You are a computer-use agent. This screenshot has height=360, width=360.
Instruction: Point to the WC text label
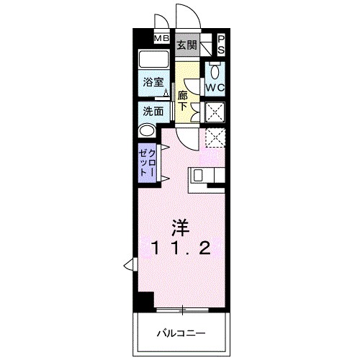pyautogui.click(x=215, y=88)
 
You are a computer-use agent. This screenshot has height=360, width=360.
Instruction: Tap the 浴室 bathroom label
pyautogui.click(x=153, y=83)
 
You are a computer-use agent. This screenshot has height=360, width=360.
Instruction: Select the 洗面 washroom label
pyautogui.click(x=153, y=112)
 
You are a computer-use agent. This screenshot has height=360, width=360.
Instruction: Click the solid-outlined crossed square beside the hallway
pyautogui.click(x=215, y=112)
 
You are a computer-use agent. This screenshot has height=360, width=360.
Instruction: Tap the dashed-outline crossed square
pyautogui.click(x=215, y=137)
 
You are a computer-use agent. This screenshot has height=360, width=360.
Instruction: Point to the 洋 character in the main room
pyautogui.click(x=179, y=229)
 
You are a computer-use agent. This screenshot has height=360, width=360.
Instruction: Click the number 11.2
pyautogui.click(x=180, y=250)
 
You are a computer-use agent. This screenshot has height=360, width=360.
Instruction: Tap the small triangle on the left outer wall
pyautogui.click(x=127, y=264)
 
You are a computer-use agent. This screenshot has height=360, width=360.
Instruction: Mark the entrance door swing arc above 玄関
pyautogui.click(x=184, y=16)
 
